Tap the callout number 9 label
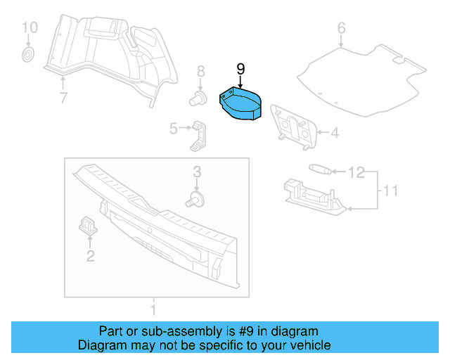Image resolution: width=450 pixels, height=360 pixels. tap(240, 69)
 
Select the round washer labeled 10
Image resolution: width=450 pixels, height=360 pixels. tap(29, 54)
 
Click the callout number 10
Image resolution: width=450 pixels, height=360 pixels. tap(28, 28)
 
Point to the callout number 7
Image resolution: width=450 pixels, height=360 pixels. tap(63, 98)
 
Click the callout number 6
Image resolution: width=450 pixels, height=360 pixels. tap(341, 29)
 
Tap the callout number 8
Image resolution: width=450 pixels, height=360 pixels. tap(200, 71)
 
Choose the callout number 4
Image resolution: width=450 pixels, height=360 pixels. tap(335, 132)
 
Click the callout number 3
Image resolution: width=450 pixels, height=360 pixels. tap(198, 172)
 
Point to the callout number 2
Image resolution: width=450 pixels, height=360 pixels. tap(90, 256)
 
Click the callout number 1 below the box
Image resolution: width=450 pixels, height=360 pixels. tap(153, 309)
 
